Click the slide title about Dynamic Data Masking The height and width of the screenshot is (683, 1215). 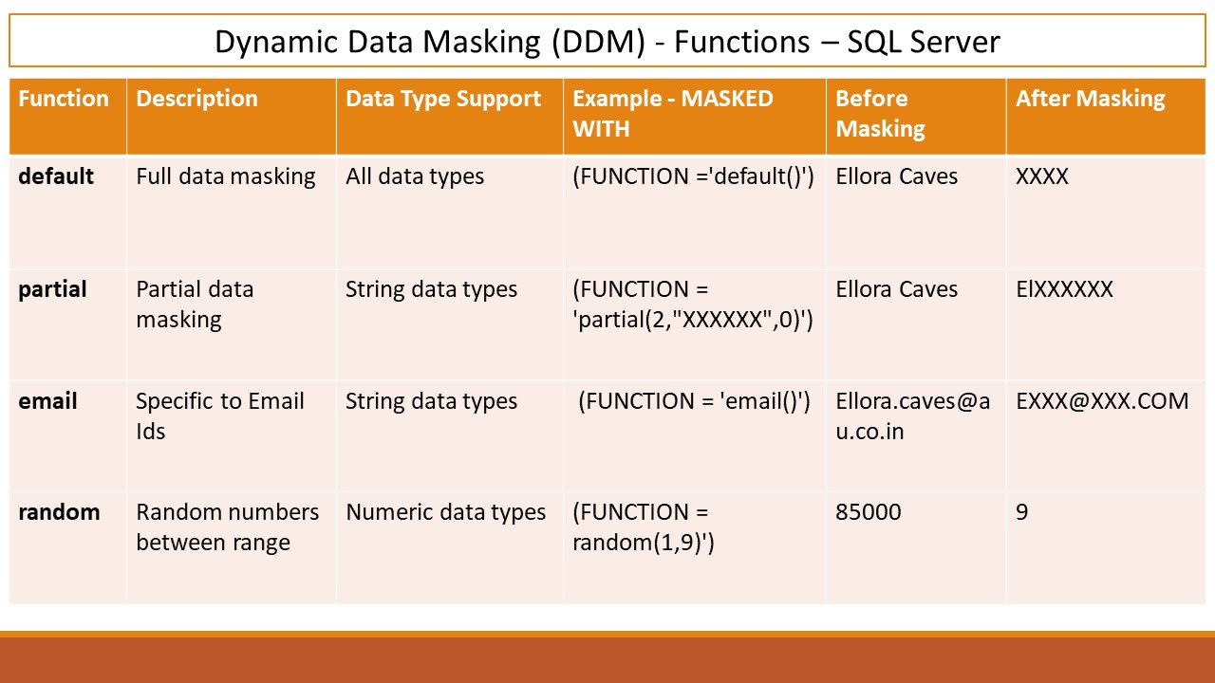tap(607, 42)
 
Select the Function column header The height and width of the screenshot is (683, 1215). tap(64, 99)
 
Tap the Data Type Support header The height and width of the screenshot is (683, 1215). tap(443, 100)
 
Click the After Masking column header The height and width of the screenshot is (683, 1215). tap(1091, 100)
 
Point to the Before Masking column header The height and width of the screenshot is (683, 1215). tap(880, 114)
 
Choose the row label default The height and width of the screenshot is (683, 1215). tap(56, 176)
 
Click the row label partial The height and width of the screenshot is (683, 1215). tap(52, 290)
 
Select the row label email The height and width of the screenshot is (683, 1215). tap(47, 401)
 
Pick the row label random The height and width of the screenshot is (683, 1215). tap(59, 512)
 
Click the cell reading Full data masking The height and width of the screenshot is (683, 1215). tap(226, 177)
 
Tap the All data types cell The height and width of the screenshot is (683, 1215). tap(415, 177)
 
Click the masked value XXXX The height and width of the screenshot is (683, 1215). tap(1042, 176)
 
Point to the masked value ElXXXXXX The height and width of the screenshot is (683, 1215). tap(1064, 289)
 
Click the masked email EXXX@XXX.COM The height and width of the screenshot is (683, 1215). tap(1102, 401)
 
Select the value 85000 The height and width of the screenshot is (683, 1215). tap(869, 512)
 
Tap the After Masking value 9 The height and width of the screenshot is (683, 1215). tap(1022, 512)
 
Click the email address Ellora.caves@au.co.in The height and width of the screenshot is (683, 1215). tap(913, 416)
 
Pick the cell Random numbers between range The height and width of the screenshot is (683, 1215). tap(227, 527)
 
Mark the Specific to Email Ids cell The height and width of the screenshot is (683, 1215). tap(219, 416)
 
